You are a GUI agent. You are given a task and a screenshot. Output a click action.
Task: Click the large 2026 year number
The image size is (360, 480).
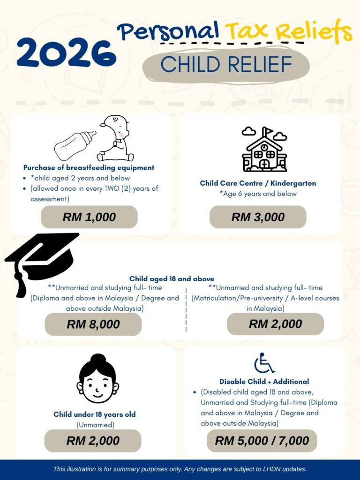[66, 52]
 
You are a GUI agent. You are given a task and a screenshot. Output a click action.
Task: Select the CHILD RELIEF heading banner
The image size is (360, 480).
[226, 65]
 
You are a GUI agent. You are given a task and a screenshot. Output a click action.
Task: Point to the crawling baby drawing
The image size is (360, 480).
[115, 139]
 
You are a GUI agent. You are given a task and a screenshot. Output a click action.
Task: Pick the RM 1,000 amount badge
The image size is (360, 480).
[89, 217]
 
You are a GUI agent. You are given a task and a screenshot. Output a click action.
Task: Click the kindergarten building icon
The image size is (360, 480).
[264, 152]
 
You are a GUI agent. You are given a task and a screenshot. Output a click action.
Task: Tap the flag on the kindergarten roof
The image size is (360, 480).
[267, 131]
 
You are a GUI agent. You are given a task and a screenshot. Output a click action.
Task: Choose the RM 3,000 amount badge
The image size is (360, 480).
[258, 217]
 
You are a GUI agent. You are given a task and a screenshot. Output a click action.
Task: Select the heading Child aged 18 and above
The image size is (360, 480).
[172, 279]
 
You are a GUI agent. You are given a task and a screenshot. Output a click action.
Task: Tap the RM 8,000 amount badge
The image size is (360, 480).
[93, 324]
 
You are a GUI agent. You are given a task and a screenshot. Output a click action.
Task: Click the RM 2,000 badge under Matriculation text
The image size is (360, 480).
[275, 324]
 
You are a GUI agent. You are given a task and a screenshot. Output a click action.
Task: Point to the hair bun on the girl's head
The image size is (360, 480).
[97, 360]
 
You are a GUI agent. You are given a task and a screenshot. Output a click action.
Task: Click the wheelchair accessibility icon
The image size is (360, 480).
[264, 363]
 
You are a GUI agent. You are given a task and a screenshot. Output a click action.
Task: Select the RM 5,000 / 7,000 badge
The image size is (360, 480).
[262, 441]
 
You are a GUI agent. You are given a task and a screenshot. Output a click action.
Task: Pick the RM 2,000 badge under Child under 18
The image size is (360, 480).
[93, 441]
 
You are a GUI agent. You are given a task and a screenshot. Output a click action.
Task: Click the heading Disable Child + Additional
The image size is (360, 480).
[264, 382]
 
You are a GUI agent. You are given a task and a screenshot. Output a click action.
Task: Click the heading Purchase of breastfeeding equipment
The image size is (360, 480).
[89, 167]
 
